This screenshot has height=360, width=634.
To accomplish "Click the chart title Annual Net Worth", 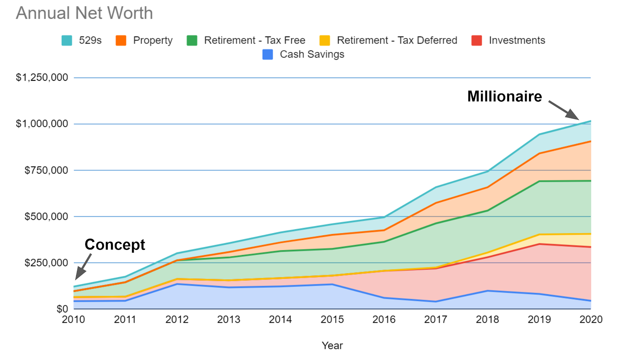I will (84, 13).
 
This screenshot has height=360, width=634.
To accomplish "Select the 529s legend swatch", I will (67, 40).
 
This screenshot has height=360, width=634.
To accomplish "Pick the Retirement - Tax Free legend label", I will (254, 40).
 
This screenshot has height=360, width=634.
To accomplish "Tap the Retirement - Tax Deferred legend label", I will (397, 40).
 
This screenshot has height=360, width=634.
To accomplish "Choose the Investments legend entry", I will (517, 40).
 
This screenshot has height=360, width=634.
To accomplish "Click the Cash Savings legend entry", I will (312, 54).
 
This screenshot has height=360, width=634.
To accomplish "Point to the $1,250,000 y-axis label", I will (42, 77).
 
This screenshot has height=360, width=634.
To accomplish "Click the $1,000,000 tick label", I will (42, 124).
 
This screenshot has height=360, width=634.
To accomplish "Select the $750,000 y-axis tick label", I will (46, 170).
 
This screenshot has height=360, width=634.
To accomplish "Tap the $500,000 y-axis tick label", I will (46, 217).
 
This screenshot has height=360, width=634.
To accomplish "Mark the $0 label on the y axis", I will (62, 309).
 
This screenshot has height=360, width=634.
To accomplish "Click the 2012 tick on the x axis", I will (177, 320).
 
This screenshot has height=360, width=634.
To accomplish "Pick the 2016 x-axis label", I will (384, 320).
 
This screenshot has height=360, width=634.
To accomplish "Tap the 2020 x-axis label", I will (591, 320).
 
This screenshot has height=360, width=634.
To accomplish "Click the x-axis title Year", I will (332, 345).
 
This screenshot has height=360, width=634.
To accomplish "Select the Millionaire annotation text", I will (504, 96).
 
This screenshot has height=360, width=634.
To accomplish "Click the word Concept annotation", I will (115, 244).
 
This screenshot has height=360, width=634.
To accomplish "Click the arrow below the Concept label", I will (83, 267).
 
